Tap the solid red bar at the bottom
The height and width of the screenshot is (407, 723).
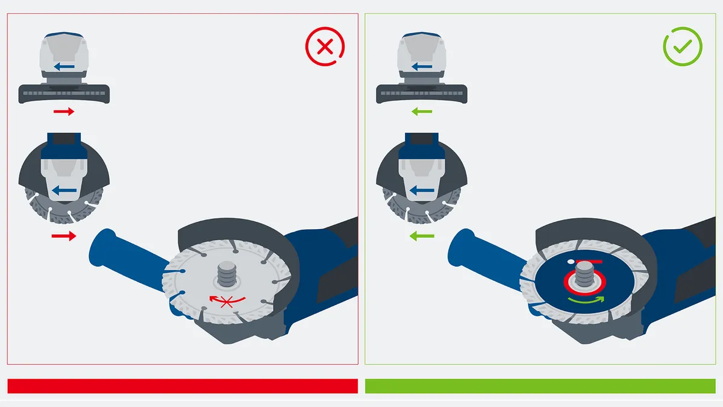(x=182, y=386)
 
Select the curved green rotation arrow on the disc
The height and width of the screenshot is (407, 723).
(x=585, y=300)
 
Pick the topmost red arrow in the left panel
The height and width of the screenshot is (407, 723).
(x=63, y=112)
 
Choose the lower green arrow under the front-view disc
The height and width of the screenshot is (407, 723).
(x=422, y=236)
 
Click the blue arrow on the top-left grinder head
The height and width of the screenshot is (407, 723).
(x=64, y=66)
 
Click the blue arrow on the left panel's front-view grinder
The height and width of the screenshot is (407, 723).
(x=64, y=191)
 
